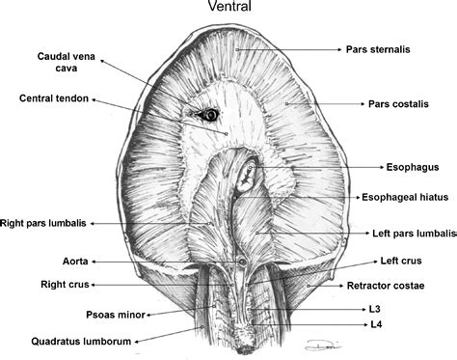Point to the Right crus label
[39, 286]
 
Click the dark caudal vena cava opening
[206, 115]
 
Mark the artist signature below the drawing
[328, 346]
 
